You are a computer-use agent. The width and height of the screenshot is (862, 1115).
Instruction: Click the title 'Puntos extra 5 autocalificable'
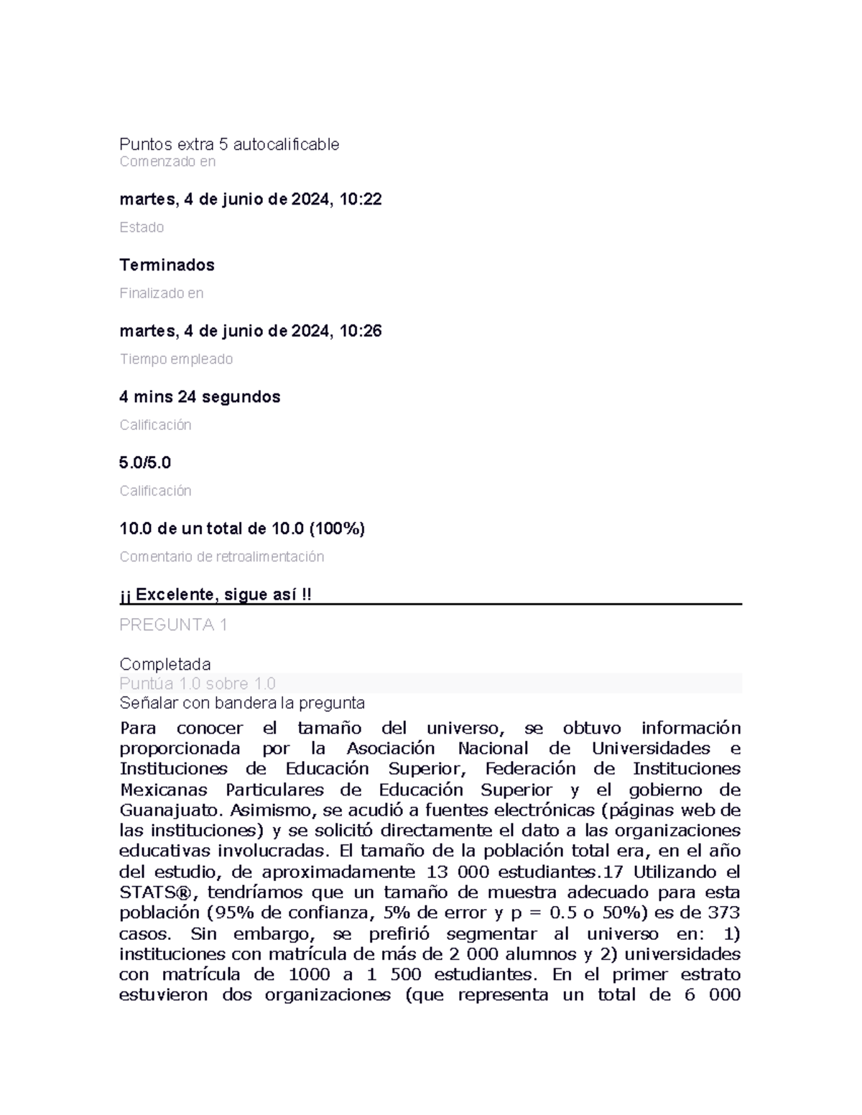pos(229,144)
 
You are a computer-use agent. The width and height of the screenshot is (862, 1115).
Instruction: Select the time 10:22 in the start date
pos(361,200)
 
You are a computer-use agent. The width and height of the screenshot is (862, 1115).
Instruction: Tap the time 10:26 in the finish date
pos(361,331)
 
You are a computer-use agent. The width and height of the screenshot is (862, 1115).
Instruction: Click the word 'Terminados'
pos(167,265)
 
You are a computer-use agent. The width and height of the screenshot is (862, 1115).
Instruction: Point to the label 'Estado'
pos(142,228)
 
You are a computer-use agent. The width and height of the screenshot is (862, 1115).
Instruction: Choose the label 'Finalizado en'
pos(161,293)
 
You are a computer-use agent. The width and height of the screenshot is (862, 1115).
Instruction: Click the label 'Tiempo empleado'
pos(176,359)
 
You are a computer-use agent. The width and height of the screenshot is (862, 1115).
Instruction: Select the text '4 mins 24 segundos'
pos(200,397)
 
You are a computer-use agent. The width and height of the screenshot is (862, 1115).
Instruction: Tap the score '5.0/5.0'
pos(145,462)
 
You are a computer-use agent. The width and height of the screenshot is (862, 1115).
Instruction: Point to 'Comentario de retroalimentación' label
pos(221,556)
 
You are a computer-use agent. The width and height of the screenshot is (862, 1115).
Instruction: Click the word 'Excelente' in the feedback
pos(175,594)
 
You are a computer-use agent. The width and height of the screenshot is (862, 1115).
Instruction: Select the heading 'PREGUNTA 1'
pos(173,625)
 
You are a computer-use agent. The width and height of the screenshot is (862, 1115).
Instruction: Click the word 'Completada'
pos(164,663)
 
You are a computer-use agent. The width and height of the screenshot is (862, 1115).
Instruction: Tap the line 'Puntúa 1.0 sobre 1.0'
pos(198,684)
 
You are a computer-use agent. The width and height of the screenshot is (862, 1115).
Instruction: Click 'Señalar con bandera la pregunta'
pos(242,703)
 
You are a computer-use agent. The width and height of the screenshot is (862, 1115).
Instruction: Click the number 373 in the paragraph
pos(723,913)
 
